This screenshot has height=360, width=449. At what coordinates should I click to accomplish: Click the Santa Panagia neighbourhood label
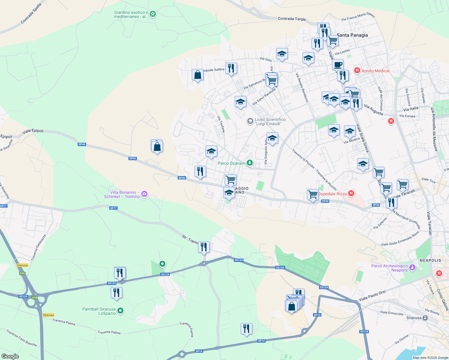coord(352,35)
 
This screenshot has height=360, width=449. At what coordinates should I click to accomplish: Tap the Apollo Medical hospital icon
coord(357,71)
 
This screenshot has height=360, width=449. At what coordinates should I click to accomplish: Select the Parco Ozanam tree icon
coord(249,163)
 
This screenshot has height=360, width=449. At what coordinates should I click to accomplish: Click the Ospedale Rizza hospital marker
coord(351,193)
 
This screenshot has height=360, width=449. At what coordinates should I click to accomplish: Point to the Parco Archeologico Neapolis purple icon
coord(412,267)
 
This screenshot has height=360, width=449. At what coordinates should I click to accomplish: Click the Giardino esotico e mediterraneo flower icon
coord(153,14)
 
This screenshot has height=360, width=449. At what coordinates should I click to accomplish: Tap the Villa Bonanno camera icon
coord(144,194)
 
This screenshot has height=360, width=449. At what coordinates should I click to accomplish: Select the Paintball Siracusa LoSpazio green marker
coord(120,311)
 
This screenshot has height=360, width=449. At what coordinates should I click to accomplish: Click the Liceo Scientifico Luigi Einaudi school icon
coord(250,121)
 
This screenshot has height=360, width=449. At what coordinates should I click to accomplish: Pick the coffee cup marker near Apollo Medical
coord(338,65)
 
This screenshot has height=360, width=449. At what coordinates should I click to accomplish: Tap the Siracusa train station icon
coord(425,318)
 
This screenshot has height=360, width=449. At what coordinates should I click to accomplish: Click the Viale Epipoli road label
coord(33,131)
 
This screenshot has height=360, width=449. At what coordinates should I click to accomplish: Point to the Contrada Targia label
coord(291,19)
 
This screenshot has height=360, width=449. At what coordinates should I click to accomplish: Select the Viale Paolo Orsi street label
coord(372,296)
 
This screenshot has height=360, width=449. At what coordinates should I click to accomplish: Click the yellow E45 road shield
coord(22,273)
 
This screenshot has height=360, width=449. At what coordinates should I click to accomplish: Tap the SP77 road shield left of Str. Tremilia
coord(113,208)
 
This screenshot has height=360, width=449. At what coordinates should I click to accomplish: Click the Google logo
coord(10,356)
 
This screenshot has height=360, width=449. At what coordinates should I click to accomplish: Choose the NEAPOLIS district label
coord(430,260)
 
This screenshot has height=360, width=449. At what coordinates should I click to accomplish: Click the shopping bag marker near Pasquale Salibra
coord(197,75)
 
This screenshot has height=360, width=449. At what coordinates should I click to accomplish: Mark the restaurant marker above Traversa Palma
coord(246,328)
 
